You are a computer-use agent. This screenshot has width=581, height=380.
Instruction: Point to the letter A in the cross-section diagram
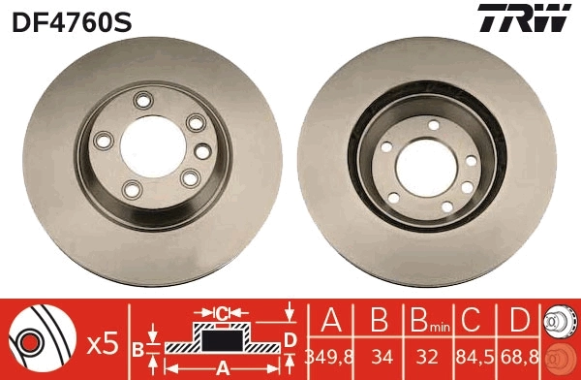[x=222, y=368]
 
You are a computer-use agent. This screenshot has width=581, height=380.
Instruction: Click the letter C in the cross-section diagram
[x=222, y=313]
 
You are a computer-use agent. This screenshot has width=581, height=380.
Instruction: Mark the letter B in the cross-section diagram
[x=138, y=346]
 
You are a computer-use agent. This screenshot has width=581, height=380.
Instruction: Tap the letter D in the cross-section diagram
[x=290, y=338]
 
